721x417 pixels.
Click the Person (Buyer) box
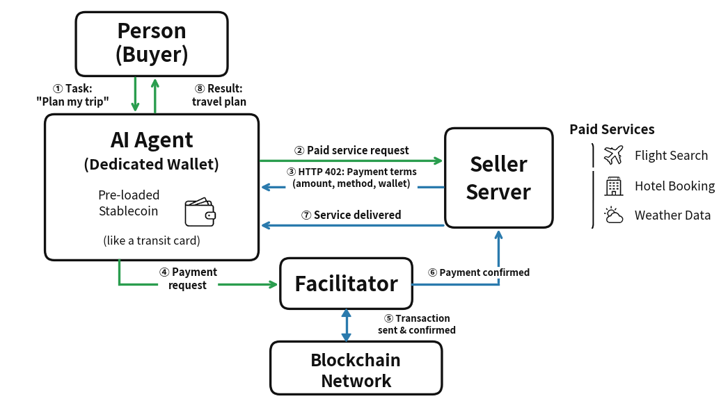(152, 43)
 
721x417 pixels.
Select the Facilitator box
(346, 284)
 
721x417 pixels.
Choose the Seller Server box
(498, 178)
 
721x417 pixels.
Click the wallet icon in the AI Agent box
(200, 213)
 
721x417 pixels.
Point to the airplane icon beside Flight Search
(613, 155)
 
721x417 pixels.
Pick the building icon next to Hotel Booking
(613, 186)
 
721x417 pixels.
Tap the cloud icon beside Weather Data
(613, 215)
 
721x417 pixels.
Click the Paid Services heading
(612, 129)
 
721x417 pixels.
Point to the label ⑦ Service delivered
(351, 215)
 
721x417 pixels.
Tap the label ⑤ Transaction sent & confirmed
(417, 324)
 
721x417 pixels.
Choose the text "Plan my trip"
(72, 101)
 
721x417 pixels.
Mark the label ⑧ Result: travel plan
(219, 95)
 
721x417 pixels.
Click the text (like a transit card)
(151, 241)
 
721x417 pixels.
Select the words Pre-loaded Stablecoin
(129, 202)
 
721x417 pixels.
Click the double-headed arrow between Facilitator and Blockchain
(346, 325)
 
